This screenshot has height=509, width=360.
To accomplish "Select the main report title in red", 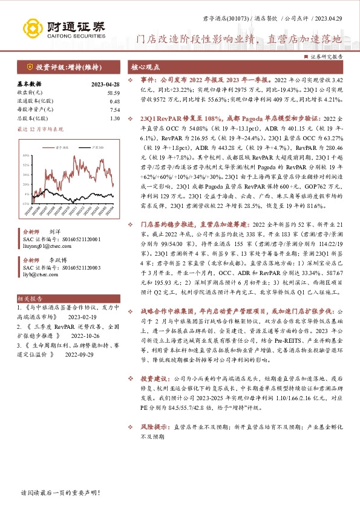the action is pos(238,40).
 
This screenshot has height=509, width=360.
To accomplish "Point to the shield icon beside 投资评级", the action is pos(30,66).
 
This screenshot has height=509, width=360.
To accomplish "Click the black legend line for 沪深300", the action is pos(85,147).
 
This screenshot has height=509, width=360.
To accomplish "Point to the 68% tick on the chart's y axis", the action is pos(26,156).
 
